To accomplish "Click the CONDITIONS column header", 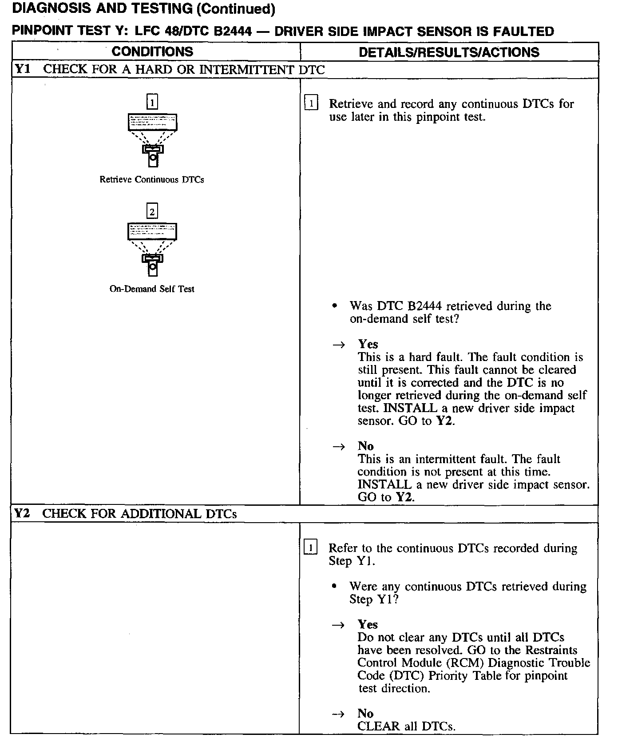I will [x=152, y=52].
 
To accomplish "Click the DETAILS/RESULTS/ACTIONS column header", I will [x=449, y=52].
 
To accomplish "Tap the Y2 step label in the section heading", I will [x=22, y=513].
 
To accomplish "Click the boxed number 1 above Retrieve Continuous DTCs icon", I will [x=152, y=103].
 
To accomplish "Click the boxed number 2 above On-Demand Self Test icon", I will [x=152, y=211].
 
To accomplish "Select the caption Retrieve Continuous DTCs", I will [x=152, y=180].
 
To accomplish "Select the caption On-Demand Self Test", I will [x=152, y=289].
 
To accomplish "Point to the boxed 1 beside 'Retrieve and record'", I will [x=311, y=104].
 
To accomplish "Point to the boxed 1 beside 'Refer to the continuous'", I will [x=310, y=548].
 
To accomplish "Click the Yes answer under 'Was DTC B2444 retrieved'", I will [x=368, y=344].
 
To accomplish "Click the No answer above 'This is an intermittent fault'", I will [x=365, y=446].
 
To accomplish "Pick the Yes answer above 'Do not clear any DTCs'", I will [x=368, y=624].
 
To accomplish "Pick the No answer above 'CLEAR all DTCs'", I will [x=365, y=713].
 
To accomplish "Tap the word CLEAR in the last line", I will [x=379, y=726].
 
